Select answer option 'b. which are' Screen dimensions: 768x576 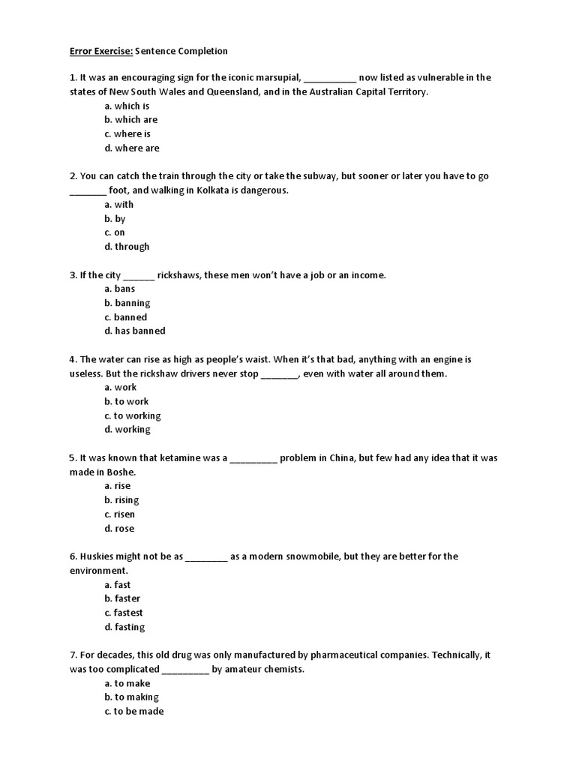click(131, 119)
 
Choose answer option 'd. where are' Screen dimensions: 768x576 click(132, 148)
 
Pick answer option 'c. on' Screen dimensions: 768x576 click(115, 232)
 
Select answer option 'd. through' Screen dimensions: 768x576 click(127, 247)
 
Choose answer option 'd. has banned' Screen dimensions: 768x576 click(135, 331)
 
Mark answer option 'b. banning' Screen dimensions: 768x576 click(127, 303)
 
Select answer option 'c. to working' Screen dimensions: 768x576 click(133, 415)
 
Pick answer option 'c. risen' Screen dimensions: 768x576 click(120, 514)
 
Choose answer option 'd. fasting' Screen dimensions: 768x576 click(125, 627)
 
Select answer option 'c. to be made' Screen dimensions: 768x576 click(134, 711)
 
